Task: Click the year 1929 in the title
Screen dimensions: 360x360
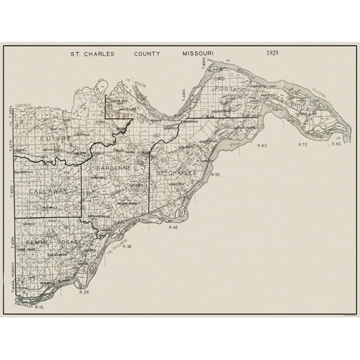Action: pos(272,53)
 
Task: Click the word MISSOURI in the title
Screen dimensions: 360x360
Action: pos(197,54)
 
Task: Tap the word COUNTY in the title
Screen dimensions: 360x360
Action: pos(147,54)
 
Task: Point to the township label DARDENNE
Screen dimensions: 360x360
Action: pos(112,169)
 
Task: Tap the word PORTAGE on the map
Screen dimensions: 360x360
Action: pos(230,90)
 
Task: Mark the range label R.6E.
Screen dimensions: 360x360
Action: pos(262,145)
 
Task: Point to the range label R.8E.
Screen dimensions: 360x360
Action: pos(336,144)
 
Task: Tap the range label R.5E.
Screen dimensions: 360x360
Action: pos(216,174)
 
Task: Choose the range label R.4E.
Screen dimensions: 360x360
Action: pos(174,227)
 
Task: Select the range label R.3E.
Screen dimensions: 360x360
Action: pos(127,247)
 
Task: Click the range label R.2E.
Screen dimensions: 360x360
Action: pos(84,292)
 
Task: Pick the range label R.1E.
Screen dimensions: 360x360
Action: pos(39,307)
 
